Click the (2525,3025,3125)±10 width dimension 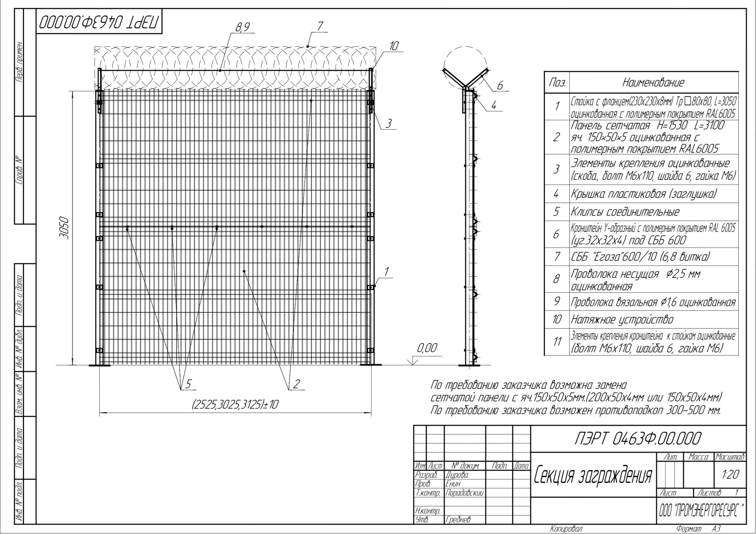235,404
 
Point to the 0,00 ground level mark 427,348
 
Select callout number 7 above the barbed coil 320,26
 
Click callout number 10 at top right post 394,46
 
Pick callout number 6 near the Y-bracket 500,85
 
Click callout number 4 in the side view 494,105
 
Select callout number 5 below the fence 188,384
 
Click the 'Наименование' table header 653,83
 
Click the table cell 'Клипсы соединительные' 625,212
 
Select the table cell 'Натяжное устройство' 622,320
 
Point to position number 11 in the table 557,341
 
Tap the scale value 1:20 730,475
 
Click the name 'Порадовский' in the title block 465,493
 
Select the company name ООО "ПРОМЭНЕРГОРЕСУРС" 701,511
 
